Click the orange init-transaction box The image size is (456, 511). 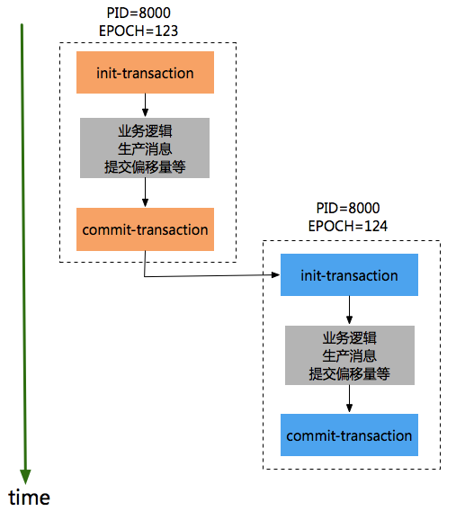[145, 73]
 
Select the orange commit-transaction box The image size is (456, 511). [145, 229]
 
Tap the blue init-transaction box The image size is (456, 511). [349, 275]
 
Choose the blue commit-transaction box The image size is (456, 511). [349, 435]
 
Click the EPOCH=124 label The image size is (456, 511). [347, 225]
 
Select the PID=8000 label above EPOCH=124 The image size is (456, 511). [347, 208]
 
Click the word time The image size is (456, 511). [30, 497]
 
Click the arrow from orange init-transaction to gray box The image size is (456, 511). [145, 106]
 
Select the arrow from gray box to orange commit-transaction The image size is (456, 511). [145, 193]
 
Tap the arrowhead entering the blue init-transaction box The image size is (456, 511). [275, 275]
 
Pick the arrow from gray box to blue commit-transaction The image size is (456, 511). [349, 399]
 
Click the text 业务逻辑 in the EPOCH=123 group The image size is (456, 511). [145, 131]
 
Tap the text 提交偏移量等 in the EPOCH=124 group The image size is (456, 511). [350, 373]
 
